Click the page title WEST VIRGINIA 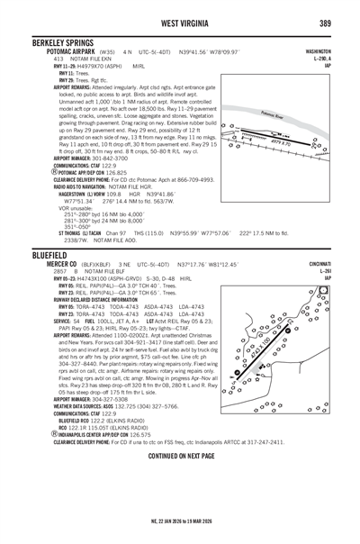[180, 21]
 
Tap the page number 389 [342, 21]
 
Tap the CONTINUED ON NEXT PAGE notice [180, 456]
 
